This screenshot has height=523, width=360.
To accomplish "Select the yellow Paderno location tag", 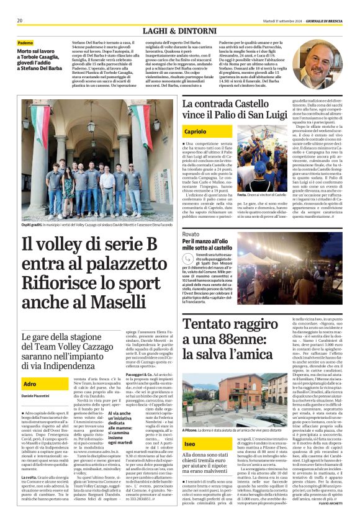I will click(26, 42).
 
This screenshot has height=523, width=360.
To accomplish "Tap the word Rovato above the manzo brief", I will click(191, 234).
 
